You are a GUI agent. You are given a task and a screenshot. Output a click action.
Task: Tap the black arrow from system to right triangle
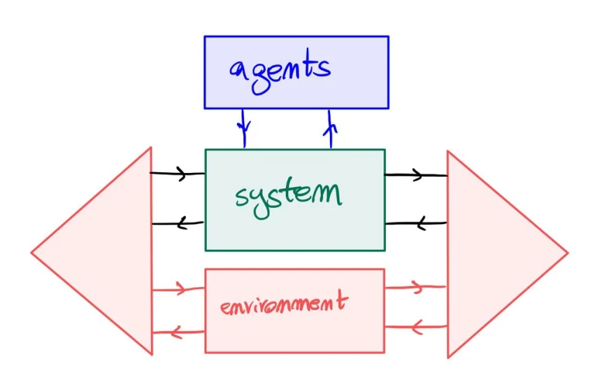[416, 175]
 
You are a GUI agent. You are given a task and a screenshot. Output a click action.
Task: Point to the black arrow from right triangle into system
[416, 224]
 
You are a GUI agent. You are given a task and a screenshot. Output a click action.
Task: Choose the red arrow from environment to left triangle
[178, 333]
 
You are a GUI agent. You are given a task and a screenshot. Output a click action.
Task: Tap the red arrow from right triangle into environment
[415, 326]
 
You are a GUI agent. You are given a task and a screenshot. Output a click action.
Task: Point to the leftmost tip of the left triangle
[33, 252]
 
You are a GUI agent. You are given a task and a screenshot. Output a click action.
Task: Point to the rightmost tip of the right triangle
[567, 252]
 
